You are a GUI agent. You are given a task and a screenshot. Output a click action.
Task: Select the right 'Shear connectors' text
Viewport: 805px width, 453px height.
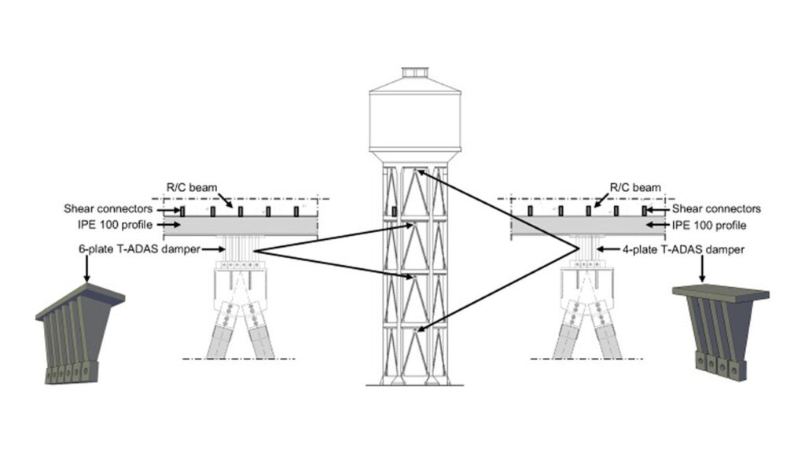click(716, 209)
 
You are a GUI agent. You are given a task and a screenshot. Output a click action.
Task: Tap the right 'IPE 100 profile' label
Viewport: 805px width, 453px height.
click(708, 226)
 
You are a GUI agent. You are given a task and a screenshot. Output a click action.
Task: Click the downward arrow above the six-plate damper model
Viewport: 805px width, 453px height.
click(86, 271)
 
